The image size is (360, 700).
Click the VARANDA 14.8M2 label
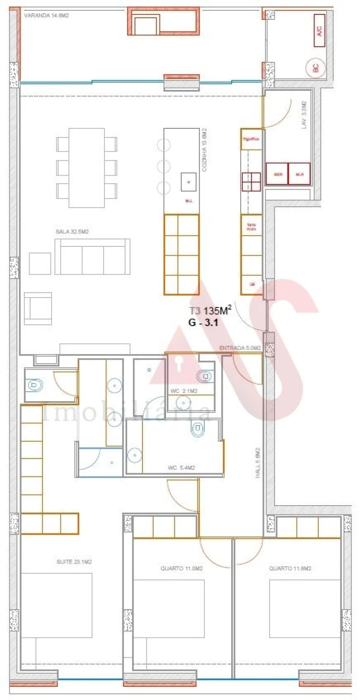coord(46,16)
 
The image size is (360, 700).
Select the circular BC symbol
coord(315,68)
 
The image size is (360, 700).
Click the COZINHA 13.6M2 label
coord(204,150)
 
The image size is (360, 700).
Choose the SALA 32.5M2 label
coord(72,232)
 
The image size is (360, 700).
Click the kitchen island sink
coord(188,182)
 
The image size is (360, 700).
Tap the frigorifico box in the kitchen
coord(251,139)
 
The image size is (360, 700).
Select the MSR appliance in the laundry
coord(277,174)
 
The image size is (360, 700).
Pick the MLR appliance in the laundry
coord(300,174)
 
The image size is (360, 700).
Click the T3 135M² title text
coord(210,310)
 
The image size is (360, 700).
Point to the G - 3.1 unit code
coord(203,322)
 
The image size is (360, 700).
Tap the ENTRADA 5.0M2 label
coord(240,348)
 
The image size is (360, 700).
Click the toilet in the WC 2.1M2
coord(204,376)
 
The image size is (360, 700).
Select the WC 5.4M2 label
coord(181,468)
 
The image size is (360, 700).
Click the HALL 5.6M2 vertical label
coord(258,462)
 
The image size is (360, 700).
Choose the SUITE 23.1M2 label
coord(74,562)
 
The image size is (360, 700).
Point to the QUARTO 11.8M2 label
coord(290,568)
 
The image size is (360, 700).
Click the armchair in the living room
coord(38,308)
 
